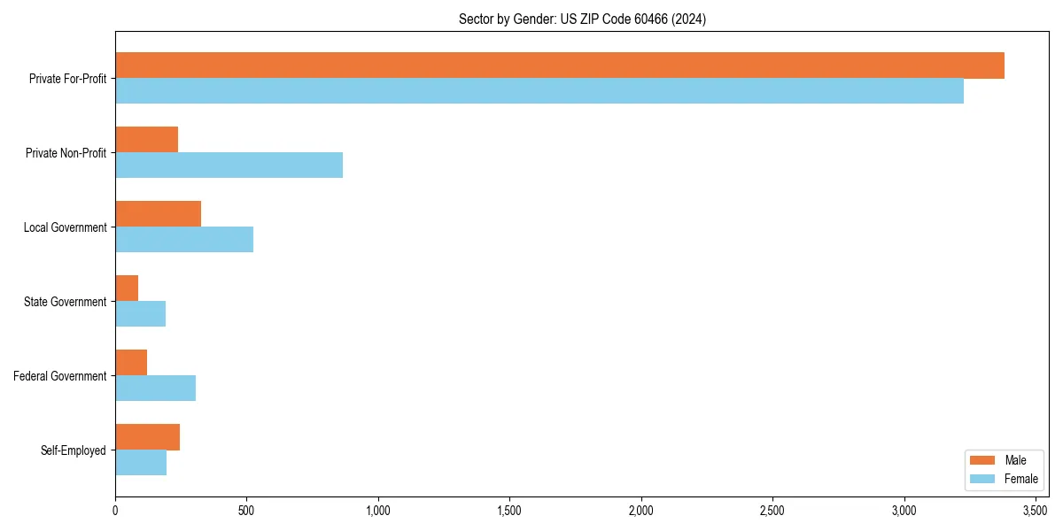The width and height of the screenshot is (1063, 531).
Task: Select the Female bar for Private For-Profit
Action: (x=539, y=91)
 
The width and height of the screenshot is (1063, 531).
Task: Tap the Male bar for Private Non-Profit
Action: (x=147, y=140)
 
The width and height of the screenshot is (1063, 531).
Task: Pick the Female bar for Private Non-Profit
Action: (x=229, y=165)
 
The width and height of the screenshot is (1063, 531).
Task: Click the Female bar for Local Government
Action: (x=184, y=240)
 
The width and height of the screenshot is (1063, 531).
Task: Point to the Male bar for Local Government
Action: (x=158, y=214)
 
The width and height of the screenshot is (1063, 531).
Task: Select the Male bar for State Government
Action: (x=127, y=289)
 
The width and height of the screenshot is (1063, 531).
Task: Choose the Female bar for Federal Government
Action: (x=155, y=389)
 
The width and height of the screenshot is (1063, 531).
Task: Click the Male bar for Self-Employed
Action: (x=147, y=437)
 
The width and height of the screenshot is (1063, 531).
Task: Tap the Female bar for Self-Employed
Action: (x=141, y=463)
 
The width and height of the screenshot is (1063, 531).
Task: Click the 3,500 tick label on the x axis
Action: (x=1036, y=511)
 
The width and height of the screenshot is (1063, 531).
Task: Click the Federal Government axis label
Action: (x=60, y=376)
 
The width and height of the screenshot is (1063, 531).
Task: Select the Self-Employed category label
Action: (x=74, y=450)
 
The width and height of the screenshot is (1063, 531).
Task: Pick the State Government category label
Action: (x=66, y=302)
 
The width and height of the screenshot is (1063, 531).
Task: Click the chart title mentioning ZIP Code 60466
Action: (x=582, y=19)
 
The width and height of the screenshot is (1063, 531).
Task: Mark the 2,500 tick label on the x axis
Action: (x=772, y=511)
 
